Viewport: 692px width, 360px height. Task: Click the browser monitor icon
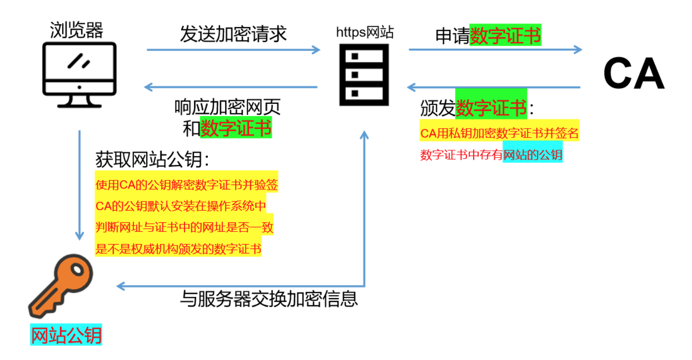pyautogui.click(x=79, y=75)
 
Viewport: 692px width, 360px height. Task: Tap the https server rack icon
pyautogui.click(x=364, y=75)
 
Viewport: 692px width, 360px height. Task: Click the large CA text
pyautogui.click(x=634, y=73)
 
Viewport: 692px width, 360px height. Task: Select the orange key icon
pyautogui.click(x=61, y=286)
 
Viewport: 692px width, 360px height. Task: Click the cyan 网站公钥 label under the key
pyautogui.click(x=66, y=335)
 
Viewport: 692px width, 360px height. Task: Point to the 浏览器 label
pyautogui.click(x=76, y=30)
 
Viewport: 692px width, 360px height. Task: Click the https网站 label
pyautogui.click(x=365, y=32)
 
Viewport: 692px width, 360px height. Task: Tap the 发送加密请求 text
pyautogui.click(x=233, y=34)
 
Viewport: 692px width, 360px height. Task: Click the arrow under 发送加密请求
pyautogui.click(x=234, y=50)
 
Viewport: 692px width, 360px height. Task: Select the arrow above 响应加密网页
pyautogui.click(x=231, y=87)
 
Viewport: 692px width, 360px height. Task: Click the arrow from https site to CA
pyautogui.click(x=495, y=50)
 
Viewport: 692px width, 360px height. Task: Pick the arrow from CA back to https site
pyautogui.click(x=494, y=88)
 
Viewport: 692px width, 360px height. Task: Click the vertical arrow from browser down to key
pyautogui.click(x=80, y=185)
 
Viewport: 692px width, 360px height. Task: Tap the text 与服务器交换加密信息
pyautogui.click(x=269, y=299)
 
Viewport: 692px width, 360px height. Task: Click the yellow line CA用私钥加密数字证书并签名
pyautogui.click(x=499, y=134)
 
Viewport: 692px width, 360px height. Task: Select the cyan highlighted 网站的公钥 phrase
pyautogui.click(x=533, y=154)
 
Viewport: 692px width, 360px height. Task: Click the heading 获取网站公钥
pyautogui.click(x=152, y=160)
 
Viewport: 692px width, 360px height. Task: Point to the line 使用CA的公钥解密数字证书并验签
pyautogui.click(x=187, y=185)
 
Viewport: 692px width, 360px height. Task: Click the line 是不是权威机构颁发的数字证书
pyautogui.click(x=178, y=249)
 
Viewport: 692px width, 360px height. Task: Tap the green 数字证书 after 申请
pyautogui.click(x=505, y=35)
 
